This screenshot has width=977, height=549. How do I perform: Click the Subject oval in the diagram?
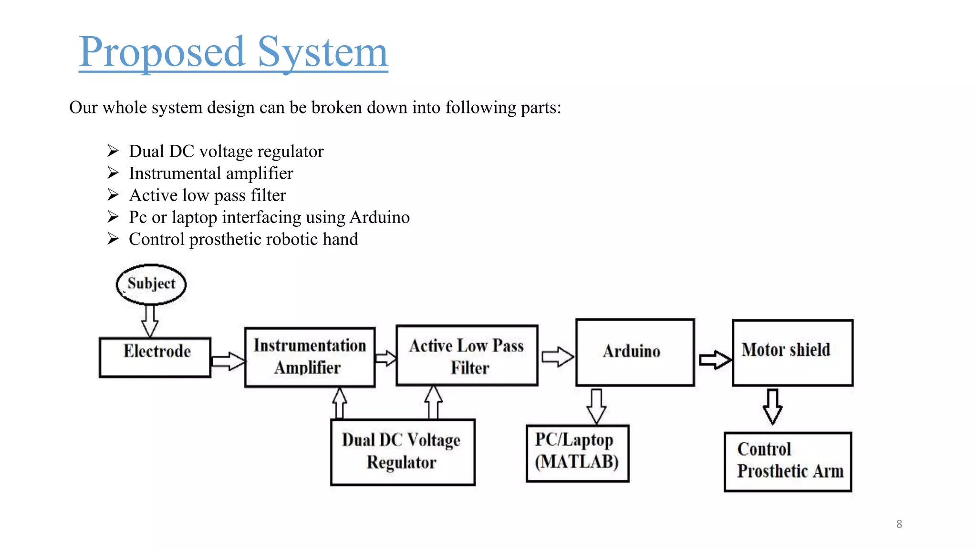(151, 284)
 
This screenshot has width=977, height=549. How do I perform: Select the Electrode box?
(155, 357)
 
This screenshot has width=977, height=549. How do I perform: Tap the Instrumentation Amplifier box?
(310, 357)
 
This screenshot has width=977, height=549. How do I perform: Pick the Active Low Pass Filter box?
(467, 356)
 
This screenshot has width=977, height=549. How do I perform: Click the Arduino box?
(635, 352)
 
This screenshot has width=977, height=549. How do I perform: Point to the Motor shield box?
(792, 353)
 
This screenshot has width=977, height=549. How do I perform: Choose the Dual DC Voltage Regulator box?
(403, 452)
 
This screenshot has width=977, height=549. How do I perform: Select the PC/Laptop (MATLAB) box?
(577, 453)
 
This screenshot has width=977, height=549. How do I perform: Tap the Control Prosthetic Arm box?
(788, 461)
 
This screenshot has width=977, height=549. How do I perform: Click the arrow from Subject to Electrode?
(150, 321)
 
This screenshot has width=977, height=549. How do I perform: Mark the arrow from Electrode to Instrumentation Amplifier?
(228, 361)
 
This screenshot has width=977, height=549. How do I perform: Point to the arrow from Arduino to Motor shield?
(715, 360)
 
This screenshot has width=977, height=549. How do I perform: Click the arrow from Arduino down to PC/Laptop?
(596, 406)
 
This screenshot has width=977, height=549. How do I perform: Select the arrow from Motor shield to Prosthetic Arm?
(772, 407)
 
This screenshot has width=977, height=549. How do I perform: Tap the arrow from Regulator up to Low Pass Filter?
(433, 402)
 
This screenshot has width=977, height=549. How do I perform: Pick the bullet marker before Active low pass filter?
(113, 195)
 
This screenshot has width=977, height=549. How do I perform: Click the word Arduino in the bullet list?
(379, 217)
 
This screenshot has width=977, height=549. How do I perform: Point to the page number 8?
(899, 524)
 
